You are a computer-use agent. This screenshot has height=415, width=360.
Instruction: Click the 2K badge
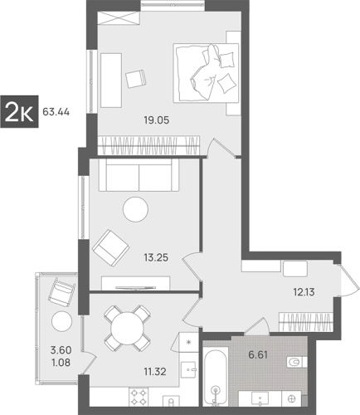(19, 111)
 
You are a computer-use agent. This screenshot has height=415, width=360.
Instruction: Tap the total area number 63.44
(56, 112)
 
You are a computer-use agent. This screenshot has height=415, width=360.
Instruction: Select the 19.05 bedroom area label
(156, 120)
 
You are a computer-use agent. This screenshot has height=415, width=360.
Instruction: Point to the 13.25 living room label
(156, 257)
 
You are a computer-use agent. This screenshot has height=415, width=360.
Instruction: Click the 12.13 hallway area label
(304, 292)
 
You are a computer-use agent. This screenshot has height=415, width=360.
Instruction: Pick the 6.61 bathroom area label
(258, 354)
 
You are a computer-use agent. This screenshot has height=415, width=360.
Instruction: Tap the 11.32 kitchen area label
(155, 372)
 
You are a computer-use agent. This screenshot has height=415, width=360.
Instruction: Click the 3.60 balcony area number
(61, 350)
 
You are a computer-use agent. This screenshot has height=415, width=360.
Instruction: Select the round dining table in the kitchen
(127, 329)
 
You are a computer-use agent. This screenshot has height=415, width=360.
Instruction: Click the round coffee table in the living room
(135, 209)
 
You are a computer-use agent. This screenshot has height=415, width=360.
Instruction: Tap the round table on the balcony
(61, 321)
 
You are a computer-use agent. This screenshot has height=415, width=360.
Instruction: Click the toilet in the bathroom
(297, 362)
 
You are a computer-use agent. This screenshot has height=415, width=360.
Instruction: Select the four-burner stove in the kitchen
(139, 397)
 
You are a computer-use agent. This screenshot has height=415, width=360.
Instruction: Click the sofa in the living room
(139, 175)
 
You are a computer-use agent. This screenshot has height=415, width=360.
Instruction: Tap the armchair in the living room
(111, 248)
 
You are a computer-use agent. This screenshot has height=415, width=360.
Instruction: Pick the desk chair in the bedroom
(136, 79)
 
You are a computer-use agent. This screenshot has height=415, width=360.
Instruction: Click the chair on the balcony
(62, 292)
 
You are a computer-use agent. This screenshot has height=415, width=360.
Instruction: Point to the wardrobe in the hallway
(305, 322)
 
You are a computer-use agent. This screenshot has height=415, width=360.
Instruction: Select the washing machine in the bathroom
(291, 398)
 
